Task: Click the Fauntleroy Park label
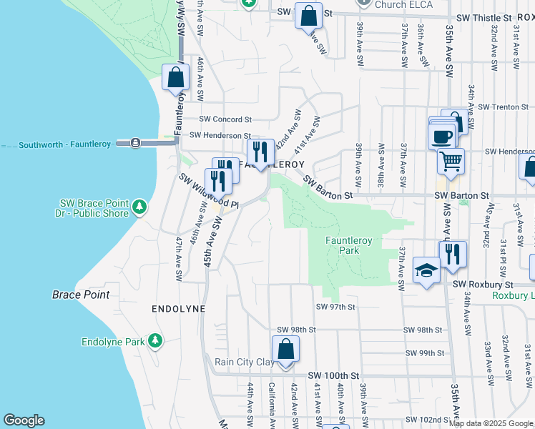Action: pos(348,246)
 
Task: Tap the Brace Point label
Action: pos(81,295)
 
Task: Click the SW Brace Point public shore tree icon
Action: pos(141,207)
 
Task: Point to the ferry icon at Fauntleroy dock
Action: pos(134,143)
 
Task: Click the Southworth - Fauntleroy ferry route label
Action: pos(65,144)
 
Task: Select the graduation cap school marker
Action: pos(426,270)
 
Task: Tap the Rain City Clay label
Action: pos(245,363)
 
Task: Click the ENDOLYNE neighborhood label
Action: pos(178,309)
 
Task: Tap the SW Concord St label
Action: pos(225,119)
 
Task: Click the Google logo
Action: pos(24,420)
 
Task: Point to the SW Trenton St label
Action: pos(502,107)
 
